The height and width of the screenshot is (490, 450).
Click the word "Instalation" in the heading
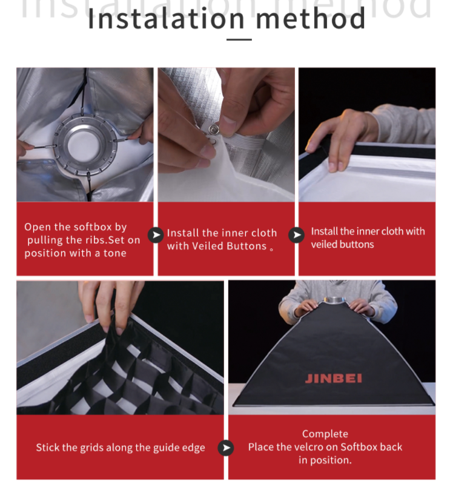[166, 19]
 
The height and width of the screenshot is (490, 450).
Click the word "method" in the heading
[311, 19]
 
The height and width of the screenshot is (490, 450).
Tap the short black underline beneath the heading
[239, 40]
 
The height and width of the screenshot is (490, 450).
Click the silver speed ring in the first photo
[84, 144]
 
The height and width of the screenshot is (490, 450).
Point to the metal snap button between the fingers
[213, 129]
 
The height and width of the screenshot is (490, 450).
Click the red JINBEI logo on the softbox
[334, 379]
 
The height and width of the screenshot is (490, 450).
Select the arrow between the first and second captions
[156, 235]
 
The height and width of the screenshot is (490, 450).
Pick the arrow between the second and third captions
[296, 235]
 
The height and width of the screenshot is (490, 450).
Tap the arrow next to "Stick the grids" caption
[226, 448]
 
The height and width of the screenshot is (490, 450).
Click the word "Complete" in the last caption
[325, 434]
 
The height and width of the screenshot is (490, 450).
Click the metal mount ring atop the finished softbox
[335, 300]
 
